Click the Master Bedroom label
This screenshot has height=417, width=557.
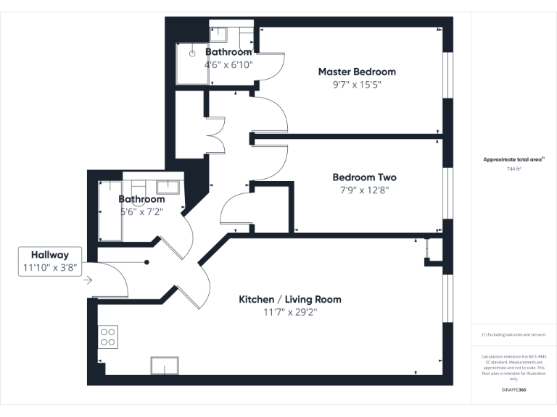click(357, 72)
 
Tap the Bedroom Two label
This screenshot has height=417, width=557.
click(364, 177)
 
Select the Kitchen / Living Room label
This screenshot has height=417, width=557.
click(290, 299)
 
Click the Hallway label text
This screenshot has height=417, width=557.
click(49, 255)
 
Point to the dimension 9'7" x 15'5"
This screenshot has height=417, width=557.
click(357, 85)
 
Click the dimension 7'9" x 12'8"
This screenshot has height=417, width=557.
click(364, 190)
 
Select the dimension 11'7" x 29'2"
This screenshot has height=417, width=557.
click(290, 312)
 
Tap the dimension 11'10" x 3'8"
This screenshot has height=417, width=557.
click(49, 268)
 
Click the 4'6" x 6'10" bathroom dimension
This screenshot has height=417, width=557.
click(228, 64)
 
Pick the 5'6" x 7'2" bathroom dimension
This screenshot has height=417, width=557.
click(142, 212)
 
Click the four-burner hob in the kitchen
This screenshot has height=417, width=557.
click(108, 336)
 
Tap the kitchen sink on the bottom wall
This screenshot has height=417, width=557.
click(164, 366)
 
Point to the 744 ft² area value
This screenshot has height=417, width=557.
click(513, 168)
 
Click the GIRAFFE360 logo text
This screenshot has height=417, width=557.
click(513, 389)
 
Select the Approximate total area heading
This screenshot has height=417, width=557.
click(513, 159)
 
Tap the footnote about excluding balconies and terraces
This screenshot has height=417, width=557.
click(513, 334)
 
